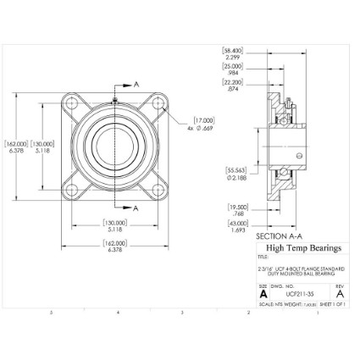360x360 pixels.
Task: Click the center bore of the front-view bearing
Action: (x=114, y=146)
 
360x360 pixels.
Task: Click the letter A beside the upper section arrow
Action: (x=136, y=85)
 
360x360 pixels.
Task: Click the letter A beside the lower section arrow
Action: (x=136, y=207)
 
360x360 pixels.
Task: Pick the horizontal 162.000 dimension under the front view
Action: (x=113, y=246)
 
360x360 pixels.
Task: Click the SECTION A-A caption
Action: (x=283, y=236)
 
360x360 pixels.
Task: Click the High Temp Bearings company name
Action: (x=304, y=248)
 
